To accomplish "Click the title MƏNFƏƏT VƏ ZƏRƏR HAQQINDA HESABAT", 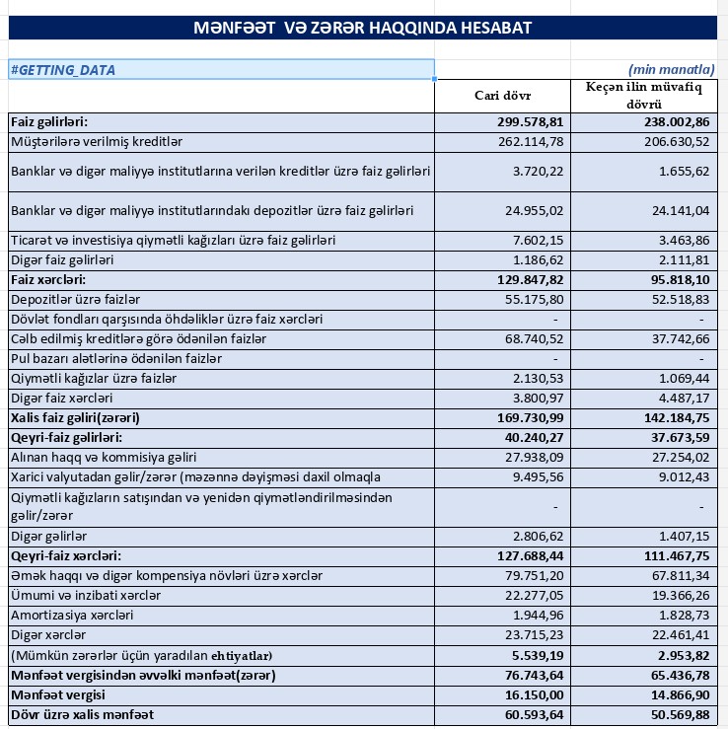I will coord(364,28).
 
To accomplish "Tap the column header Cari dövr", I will coord(503,96).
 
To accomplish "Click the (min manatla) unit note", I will coord(671,70).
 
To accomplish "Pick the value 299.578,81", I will coord(531,122).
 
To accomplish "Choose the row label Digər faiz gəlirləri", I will coord(62,260).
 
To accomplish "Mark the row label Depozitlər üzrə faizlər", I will coord(76,299).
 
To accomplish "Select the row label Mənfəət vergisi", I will coord(60,694).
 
